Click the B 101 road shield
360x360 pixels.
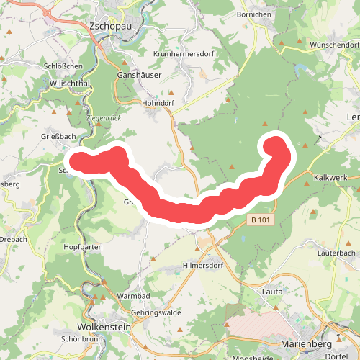tap(259, 220)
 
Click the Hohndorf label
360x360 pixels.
tap(160, 103)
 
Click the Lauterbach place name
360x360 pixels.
tap(336, 253)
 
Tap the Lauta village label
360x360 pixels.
tap(272, 292)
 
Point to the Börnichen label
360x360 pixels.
tap(253, 14)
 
